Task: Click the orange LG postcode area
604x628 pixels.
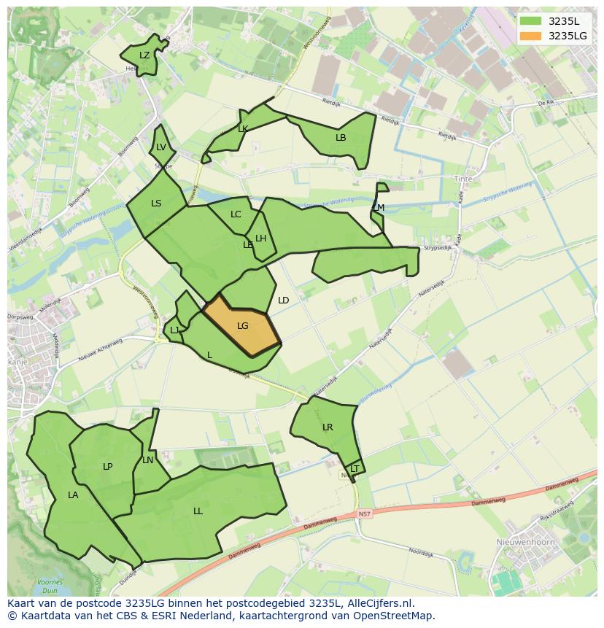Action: (243, 326)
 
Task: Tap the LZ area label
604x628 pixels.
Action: (144, 55)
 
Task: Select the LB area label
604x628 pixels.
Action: (341, 137)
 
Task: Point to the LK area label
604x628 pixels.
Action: (243, 129)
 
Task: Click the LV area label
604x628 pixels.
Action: (161, 147)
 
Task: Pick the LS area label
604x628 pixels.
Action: (156, 203)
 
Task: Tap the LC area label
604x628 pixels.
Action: (236, 214)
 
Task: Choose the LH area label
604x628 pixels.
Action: (260, 239)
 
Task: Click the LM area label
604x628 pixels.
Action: (379, 208)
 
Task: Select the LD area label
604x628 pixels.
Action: (284, 301)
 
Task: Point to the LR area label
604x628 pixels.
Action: (328, 427)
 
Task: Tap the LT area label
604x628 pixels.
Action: (355, 469)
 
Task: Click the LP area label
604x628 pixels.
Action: (108, 467)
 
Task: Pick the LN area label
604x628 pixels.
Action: (148, 460)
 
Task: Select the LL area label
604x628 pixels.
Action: (198, 511)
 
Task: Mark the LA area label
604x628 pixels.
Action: (73, 495)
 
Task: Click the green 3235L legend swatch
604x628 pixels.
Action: (531, 21)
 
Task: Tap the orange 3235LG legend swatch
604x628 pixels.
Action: (531, 36)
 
